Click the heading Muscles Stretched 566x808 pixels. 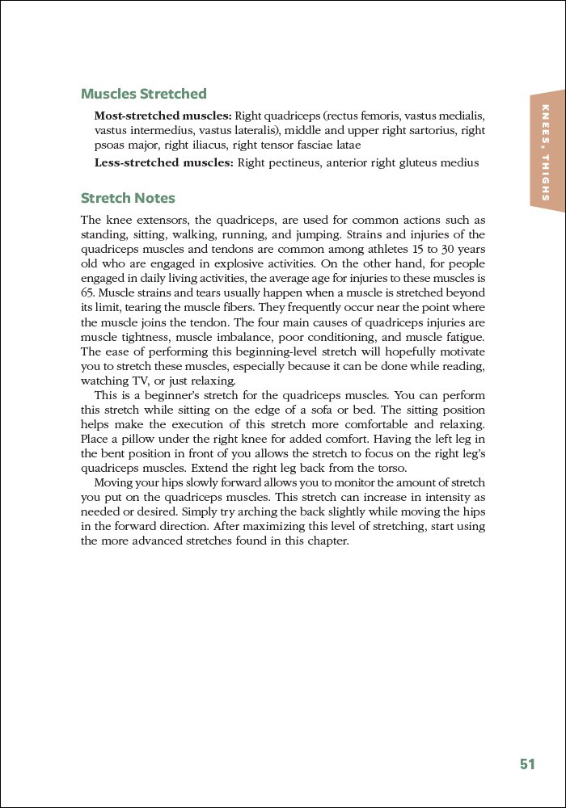(x=144, y=95)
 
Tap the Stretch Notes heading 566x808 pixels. (x=128, y=199)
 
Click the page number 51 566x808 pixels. (x=527, y=764)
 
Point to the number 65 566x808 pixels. (x=89, y=293)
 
